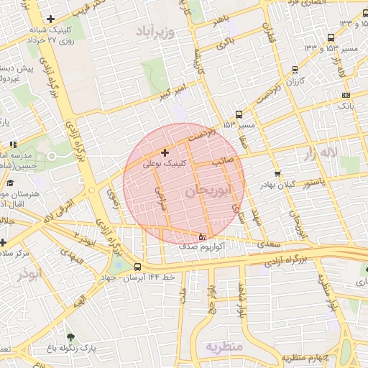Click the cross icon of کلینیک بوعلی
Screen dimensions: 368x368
[x=165, y=152]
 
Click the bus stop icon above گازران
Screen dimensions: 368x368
[x=295, y=70]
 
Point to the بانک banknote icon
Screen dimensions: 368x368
[x=346, y=94]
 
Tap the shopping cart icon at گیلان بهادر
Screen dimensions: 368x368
[x=277, y=173]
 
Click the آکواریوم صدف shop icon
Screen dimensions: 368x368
[x=201, y=236]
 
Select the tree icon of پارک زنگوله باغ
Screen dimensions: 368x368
[x=70, y=336]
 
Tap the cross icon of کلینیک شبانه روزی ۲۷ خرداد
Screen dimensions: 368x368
[x=50, y=19]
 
